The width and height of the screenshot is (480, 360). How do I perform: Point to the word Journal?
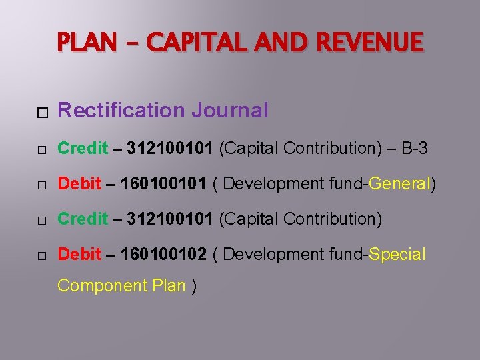coord(229,110)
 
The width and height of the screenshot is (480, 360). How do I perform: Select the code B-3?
coord(411,148)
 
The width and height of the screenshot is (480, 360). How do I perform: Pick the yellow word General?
coord(399,183)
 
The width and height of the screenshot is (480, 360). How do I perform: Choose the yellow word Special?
coord(397,254)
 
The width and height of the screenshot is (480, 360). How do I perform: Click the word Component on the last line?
coord(97,285)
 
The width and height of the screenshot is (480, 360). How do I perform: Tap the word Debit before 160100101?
coord(79,183)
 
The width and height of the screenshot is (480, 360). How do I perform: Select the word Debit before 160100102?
coord(79,254)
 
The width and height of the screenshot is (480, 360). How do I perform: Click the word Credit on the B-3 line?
coord(83,148)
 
